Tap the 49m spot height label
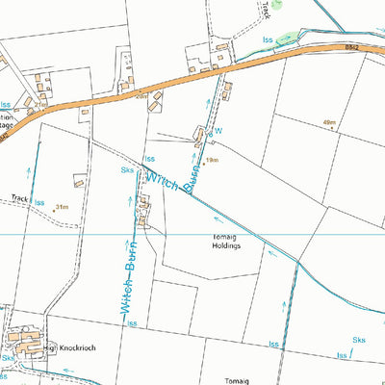(x=330, y=123)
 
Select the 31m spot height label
(x=63, y=206)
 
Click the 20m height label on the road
(x=141, y=97)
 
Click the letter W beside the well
(x=218, y=132)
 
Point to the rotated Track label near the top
(x=265, y=11)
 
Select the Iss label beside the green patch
(x=269, y=38)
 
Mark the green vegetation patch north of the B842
(x=278, y=6)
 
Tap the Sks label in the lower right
(x=359, y=340)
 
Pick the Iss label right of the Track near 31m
(x=39, y=203)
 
